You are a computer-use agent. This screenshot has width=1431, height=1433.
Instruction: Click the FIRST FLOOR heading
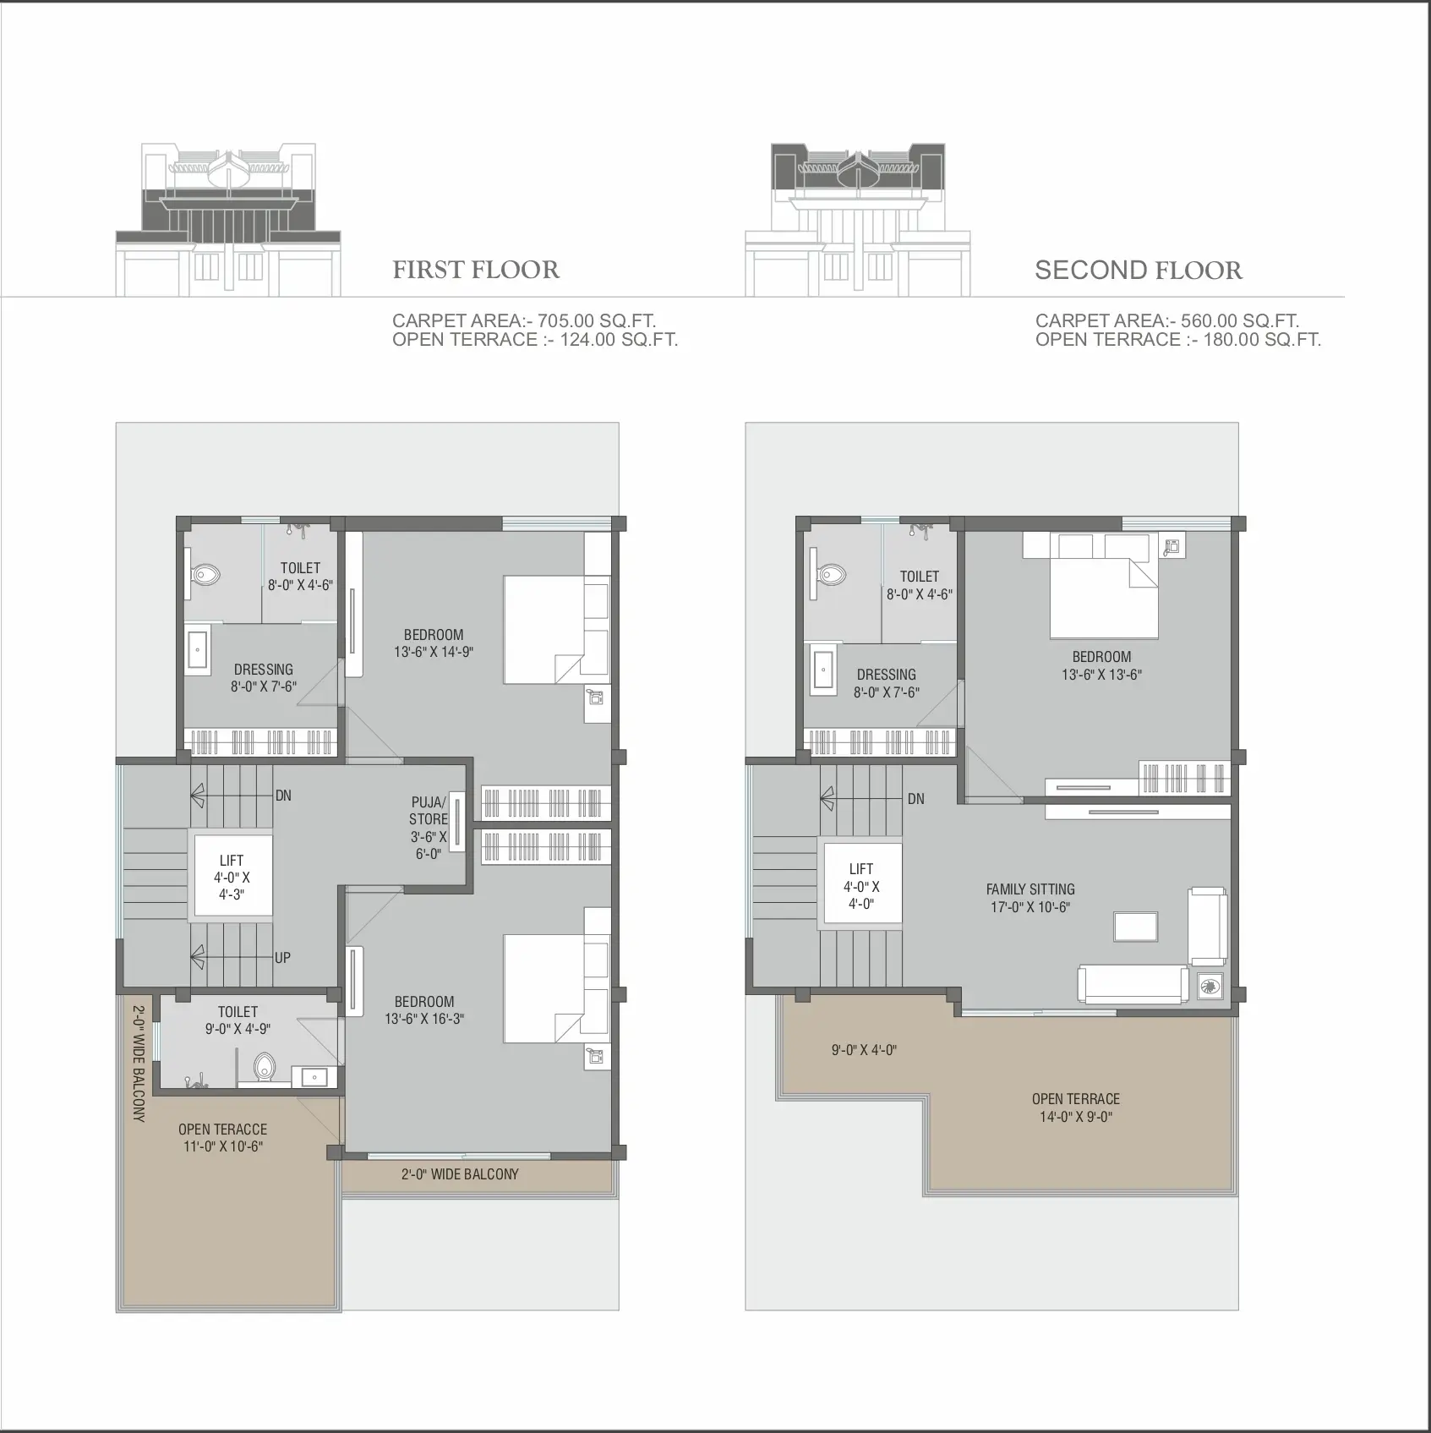[476, 270]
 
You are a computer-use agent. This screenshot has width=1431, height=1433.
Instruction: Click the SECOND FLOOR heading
[1139, 271]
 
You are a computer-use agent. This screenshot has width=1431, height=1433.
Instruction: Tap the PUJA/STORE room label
[429, 810]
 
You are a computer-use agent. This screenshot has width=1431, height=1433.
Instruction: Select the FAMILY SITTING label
[1030, 889]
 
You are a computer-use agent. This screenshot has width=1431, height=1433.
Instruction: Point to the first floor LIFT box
[233, 875]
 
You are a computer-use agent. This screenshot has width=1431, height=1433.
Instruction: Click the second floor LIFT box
[862, 883]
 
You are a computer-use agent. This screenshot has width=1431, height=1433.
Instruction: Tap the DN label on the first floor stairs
[283, 796]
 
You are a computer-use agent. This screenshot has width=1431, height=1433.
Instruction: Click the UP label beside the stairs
[282, 958]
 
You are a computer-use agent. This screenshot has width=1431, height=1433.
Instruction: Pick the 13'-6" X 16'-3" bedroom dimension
[424, 1020]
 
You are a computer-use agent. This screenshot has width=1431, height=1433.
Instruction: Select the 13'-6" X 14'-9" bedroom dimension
[434, 652]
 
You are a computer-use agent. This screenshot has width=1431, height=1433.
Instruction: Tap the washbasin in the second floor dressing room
[822, 670]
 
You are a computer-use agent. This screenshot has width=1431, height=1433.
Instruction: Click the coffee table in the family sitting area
[1135, 927]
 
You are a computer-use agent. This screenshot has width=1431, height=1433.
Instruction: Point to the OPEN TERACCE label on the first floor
[222, 1129]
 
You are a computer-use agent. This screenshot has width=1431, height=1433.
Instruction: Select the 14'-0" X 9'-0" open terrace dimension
[1076, 1117]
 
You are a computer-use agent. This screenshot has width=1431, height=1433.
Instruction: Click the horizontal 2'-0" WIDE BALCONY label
[460, 1174]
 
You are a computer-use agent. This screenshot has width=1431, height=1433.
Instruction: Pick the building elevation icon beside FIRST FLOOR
[228, 220]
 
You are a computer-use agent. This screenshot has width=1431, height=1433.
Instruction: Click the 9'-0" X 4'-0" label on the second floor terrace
[864, 1051]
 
